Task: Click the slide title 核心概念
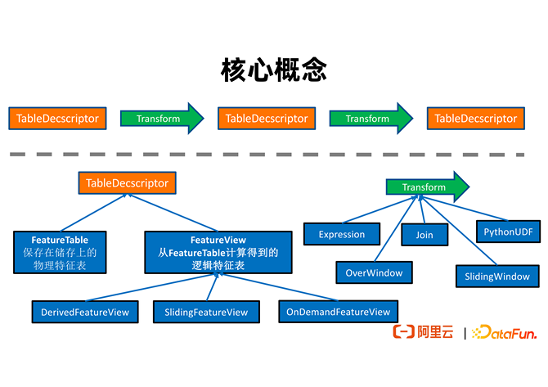[x=273, y=70]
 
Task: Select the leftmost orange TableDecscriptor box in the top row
[x=58, y=119]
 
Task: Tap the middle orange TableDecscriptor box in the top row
[x=267, y=119]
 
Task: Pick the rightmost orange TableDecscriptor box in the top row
[x=476, y=119]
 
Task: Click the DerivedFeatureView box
[x=87, y=312]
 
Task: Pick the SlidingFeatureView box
[x=206, y=312]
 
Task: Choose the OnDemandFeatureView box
[x=339, y=312]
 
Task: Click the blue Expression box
[x=342, y=234]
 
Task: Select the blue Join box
[x=424, y=235]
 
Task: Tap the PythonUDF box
[x=507, y=232]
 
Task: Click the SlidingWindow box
[x=497, y=276]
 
